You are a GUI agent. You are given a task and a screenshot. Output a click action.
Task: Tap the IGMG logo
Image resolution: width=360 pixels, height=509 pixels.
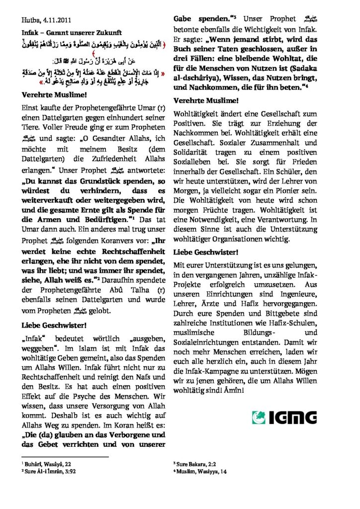(284, 417)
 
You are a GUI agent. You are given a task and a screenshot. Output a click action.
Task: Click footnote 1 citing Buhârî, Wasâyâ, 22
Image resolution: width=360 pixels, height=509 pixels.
(47, 463)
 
